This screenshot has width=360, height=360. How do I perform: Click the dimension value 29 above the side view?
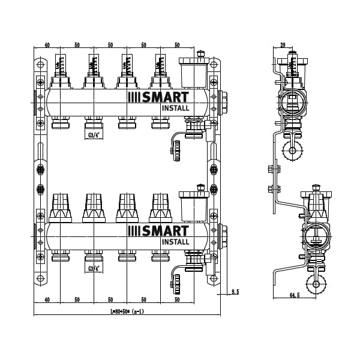pyautogui.click(x=283, y=46)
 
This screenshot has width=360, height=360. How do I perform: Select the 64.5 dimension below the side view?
pyautogui.click(x=293, y=295)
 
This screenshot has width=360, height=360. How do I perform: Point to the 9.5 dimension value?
pyautogui.click(x=234, y=292)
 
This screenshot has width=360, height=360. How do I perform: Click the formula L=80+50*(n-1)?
pyautogui.click(x=127, y=311)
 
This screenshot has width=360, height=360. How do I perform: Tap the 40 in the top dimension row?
pyautogui.click(x=47, y=46)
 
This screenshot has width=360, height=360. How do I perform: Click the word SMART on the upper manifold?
pyautogui.click(x=164, y=98)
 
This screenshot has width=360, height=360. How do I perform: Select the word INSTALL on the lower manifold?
pyautogui.click(x=175, y=242)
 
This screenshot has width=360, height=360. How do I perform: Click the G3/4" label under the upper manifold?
pyautogui.click(x=94, y=135)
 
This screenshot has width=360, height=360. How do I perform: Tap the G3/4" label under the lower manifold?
pyautogui.click(x=94, y=268)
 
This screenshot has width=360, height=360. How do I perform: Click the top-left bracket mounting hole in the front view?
pyautogui.click(x=40, y=64)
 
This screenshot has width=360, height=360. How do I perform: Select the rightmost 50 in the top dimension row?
pyautogui.click(x=177, y=46)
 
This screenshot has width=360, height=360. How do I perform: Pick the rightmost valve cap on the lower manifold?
pyautogui.click(x=160, y=207)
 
